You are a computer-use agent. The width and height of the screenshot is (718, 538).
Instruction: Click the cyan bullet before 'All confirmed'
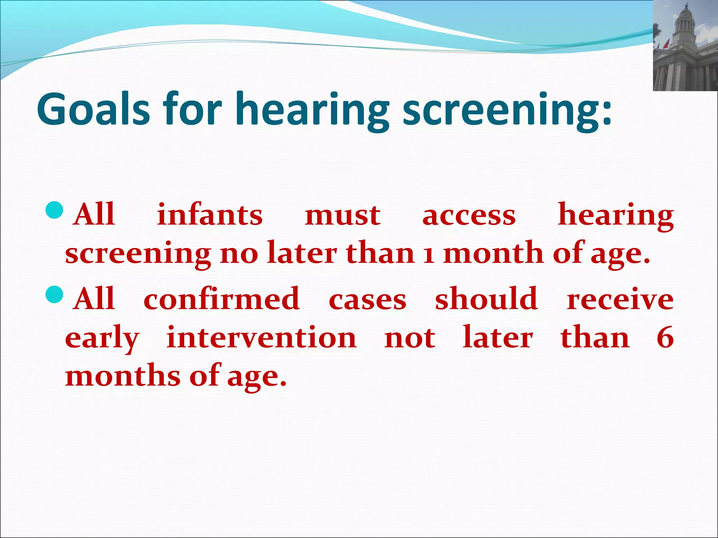[x=54, y=295]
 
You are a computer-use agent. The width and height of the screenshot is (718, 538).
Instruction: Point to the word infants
[x=210, y=214]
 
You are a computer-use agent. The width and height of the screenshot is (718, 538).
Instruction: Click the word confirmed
[x=222, y=299]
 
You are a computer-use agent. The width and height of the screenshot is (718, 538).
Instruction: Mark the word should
[x=486, y=298]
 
